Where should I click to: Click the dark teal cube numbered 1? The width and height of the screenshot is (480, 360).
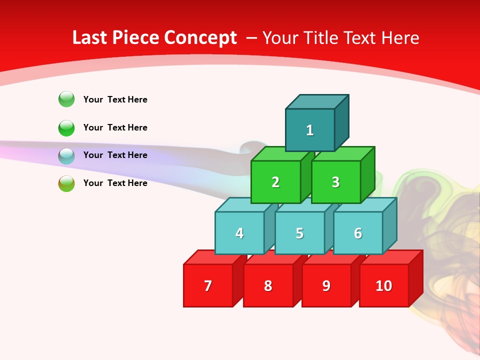pos(310,130)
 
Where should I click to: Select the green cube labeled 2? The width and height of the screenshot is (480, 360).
pos(275,182)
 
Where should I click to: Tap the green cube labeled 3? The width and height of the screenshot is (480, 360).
pos(335,182)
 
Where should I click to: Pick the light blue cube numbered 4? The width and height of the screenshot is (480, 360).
pos(239,233)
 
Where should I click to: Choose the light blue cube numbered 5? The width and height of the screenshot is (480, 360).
pos(299,233)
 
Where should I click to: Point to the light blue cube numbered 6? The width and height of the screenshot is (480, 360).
pos(358,233)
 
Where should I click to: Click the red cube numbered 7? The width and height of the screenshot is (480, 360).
pos(208,285)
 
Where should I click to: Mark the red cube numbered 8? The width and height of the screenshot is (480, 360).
pos(268,285)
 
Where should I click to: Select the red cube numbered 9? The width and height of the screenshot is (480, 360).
pos(326,285)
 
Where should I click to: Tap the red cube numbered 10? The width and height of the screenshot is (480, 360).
pos(384,285)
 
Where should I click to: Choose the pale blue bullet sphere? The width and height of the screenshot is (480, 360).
pos(66,156)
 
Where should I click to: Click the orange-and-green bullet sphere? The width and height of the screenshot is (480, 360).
pos(66,183)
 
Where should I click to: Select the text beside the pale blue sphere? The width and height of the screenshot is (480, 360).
pos(115,155)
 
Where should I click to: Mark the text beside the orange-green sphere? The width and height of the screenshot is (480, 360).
pos(115,183)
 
